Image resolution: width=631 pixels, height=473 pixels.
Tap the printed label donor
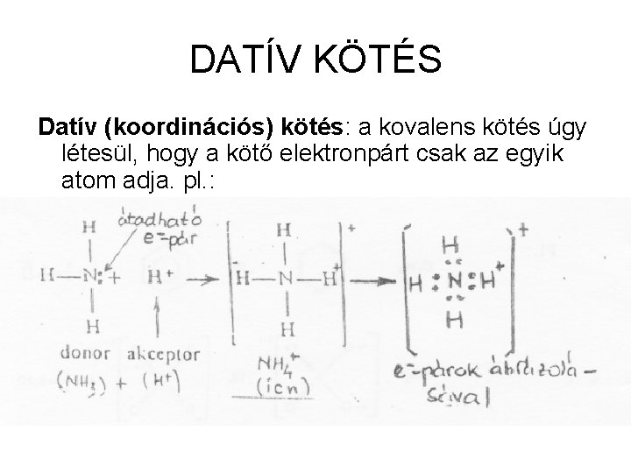[84, 355]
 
